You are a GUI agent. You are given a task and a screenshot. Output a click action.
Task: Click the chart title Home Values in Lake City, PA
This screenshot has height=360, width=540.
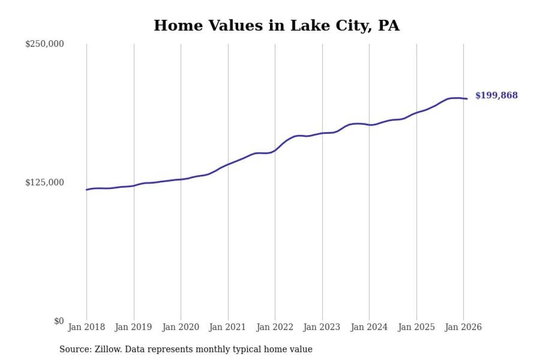(276, 26)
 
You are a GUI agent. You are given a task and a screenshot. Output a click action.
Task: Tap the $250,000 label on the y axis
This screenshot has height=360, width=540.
(45, 44)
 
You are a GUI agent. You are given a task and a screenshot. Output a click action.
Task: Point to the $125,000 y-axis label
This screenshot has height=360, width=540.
(45, 182)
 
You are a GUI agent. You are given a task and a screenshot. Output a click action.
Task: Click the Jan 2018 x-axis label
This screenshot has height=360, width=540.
(86, 327)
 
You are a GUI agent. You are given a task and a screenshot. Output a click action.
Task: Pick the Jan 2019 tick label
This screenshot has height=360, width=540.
(134, 327)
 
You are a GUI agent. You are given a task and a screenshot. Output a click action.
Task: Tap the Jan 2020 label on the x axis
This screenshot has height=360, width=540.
(181, 327)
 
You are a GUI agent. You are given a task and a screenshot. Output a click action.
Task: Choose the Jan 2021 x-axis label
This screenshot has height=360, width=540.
(228, 327)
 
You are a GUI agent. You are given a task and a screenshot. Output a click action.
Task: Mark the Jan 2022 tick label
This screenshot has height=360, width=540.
(275, 327)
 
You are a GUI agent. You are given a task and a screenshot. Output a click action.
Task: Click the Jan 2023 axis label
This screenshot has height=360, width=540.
(322, 327)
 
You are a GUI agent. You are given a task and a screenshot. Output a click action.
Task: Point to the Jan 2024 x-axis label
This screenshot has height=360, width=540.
(369, 327)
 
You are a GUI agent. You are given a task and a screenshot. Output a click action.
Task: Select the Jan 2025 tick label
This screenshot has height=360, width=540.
(416, 327)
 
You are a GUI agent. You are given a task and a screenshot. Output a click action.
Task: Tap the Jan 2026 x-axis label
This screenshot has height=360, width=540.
(463, 327)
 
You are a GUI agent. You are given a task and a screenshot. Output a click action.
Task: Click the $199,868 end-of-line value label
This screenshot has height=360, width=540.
(496, 96)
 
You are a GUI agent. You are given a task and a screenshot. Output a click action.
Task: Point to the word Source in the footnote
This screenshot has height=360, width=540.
(73, 349)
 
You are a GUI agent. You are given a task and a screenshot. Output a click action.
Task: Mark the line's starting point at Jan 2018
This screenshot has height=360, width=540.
(87, 189)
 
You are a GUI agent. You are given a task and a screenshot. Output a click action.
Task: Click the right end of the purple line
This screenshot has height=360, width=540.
(467, 99)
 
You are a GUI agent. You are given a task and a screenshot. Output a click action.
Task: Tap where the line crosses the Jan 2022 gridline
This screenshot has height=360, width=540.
(275, 150)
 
